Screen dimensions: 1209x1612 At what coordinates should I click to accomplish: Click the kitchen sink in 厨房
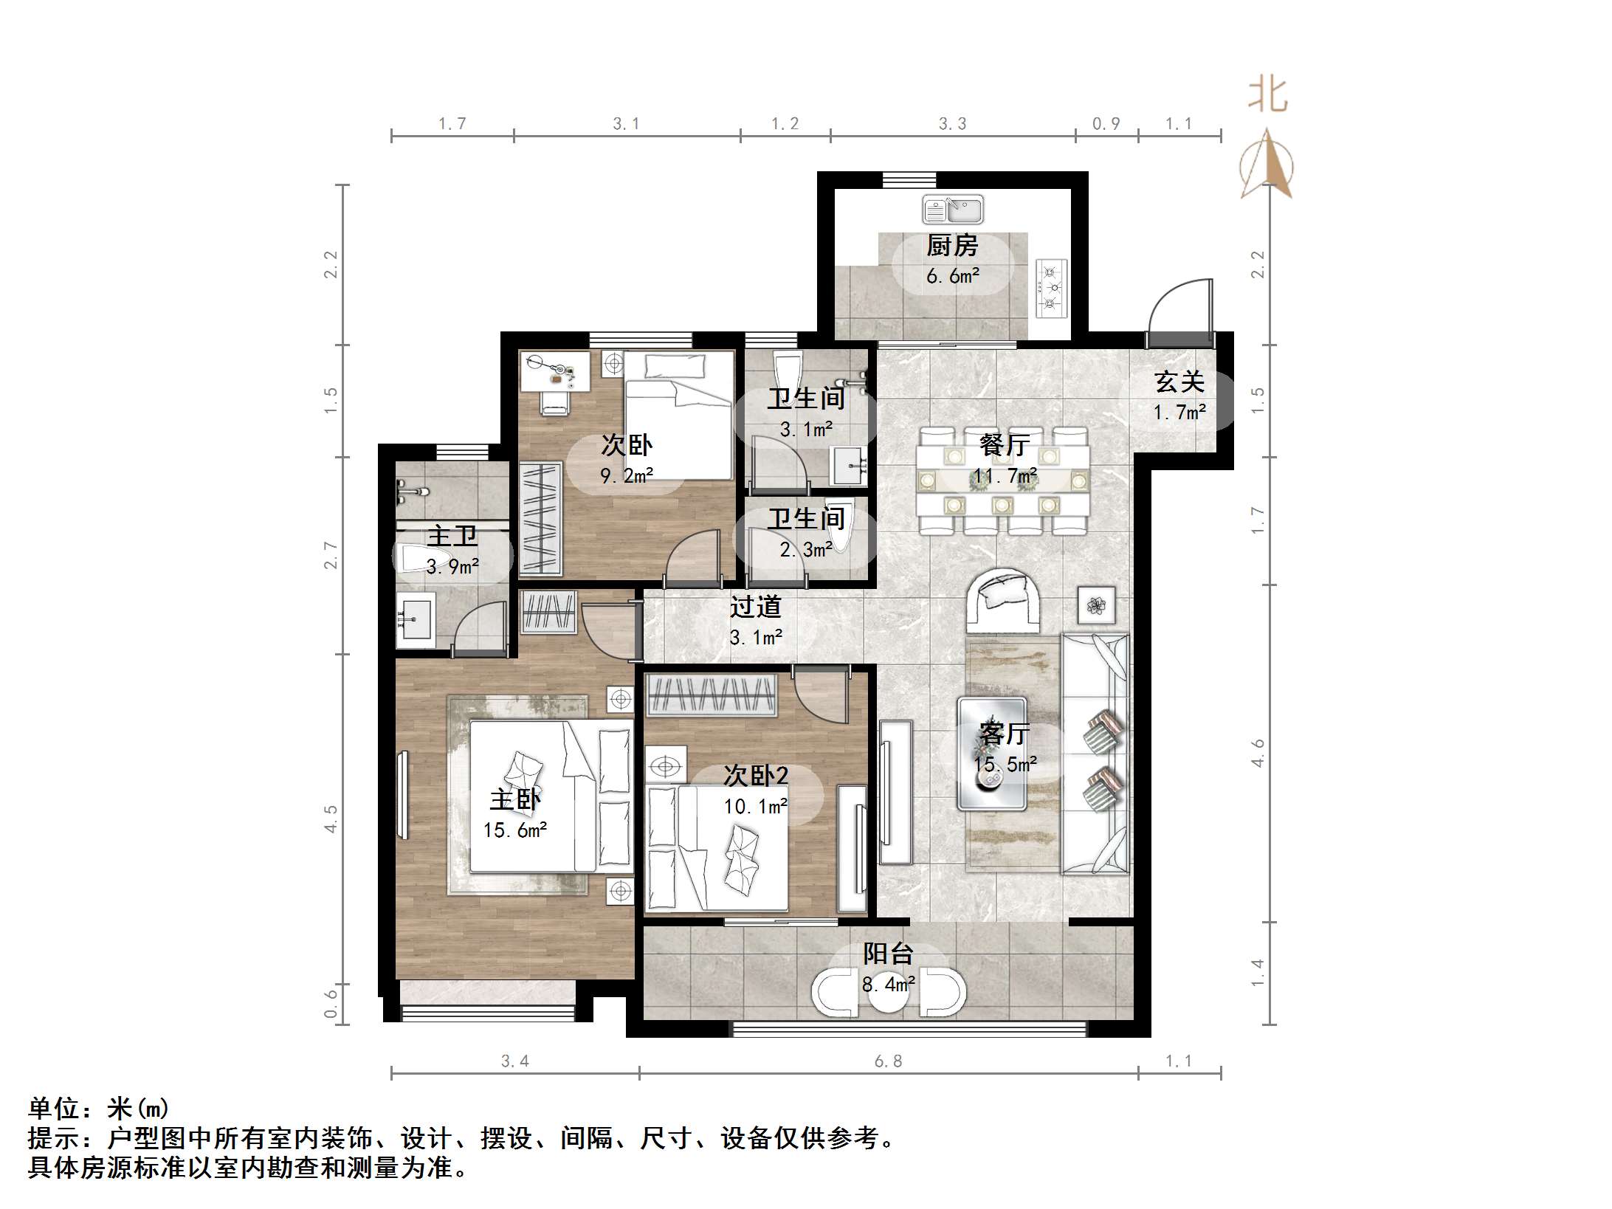pyautogui.click(x=952, y=210)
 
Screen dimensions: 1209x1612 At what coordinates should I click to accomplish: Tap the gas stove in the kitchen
pyautogui.click(x=1052, y=288)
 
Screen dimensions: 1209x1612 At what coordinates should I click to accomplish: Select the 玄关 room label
pyautogui.click(x=1179, y=382)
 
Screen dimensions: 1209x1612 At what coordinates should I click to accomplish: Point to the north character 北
pyautogui.click(x=1268, y=96)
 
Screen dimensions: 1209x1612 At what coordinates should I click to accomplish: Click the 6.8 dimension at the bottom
pyautogui.click(x=888, y=1061)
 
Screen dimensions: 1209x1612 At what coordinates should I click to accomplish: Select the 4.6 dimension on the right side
pyautogui.click(x=1258, y=753)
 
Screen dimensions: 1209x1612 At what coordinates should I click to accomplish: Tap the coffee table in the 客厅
pyautogui.click(x=991, y=754)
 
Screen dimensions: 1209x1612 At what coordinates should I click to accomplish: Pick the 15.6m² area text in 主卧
pyautogui.click(x=515, y=830)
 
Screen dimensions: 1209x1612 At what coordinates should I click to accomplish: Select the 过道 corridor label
pyautogui.click(x=755, y=607)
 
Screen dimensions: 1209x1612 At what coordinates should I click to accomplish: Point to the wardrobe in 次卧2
pyautogui.click(x=712, y=695)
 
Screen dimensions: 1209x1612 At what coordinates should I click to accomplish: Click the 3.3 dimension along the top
pyautogui.click(x=952, y=123)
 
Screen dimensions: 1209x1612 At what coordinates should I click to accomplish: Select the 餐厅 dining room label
pyautogui.click(x=1004, y=444)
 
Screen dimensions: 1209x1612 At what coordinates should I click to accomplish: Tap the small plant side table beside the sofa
pyautogui.click(x=1096, y=605)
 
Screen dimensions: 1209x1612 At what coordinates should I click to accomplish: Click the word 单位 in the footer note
pyautogui.click(x=55, y=1108)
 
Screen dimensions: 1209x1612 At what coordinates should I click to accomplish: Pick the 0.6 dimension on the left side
pyautogui.click(x=331, y=1003)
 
